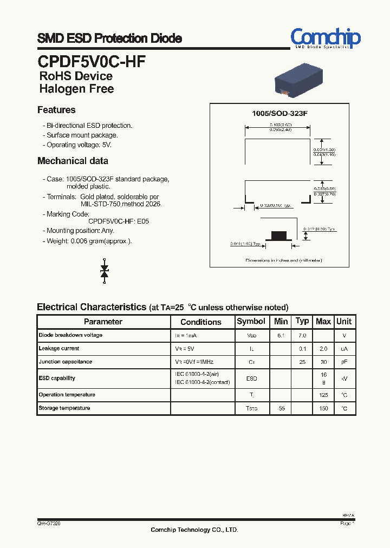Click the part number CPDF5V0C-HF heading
click(x=92, y=61)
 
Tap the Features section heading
click(x=56, y=110)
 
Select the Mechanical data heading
click(x=73, y=161)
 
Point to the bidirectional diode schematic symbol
click(x=105, y=270)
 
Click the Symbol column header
click(x=251, y=322)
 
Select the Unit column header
click(x=344, y=322)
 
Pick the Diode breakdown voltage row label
click(x=70, y=335)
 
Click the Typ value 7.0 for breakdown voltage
click(x=302, y=336)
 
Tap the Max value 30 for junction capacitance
click(x=323, y=362)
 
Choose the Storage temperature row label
click(x=64, y=408)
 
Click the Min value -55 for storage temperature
click(x=281, y=408)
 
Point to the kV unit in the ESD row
click(x=344, y=379)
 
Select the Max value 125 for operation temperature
click(x=323, y=395)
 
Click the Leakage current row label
click(x=59, y=349)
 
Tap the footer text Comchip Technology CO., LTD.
click(x=194, y=530)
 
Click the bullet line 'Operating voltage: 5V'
click(x=79, y=145)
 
